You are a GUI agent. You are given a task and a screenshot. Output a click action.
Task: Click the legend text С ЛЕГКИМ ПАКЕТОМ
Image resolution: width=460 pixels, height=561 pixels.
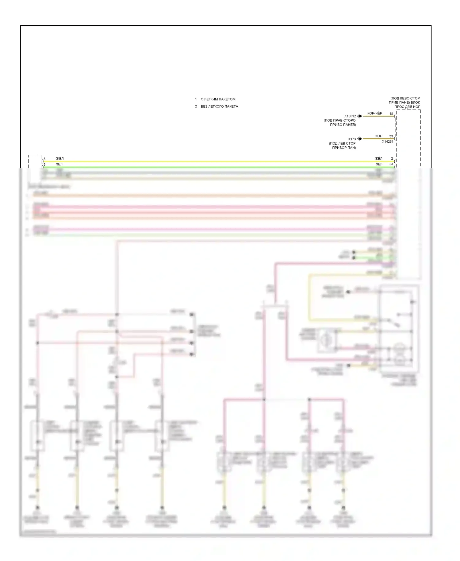click(218, 99)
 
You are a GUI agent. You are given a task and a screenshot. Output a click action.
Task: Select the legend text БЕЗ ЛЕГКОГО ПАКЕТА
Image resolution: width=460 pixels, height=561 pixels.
click(219, 106)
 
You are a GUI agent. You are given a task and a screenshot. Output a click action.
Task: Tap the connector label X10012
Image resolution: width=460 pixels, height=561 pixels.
click(350, 116)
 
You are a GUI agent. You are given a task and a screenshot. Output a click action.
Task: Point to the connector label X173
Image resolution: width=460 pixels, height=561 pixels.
click(352, 139)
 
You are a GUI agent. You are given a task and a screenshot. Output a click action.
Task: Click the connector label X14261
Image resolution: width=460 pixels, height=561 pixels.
click(387, 142)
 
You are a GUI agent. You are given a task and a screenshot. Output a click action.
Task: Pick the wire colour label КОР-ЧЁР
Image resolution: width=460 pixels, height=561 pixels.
click(375, 114)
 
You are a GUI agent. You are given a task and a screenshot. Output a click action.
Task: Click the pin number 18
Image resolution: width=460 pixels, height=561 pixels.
click(391, 114)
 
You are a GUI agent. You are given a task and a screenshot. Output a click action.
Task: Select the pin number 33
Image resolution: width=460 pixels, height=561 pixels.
click(391, 136)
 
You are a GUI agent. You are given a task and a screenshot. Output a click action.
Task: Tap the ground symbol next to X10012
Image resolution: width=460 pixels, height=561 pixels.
click(359, 116)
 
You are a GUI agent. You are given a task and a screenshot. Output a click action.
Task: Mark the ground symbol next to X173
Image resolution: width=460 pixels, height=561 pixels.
click(359, 139)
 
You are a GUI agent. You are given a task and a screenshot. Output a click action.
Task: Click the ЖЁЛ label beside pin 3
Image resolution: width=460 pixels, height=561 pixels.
click(60, 159)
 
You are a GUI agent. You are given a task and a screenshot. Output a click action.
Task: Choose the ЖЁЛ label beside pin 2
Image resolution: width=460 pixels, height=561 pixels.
click(378, 159)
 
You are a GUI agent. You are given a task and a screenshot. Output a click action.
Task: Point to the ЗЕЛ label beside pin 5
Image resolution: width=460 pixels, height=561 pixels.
click(59, 164)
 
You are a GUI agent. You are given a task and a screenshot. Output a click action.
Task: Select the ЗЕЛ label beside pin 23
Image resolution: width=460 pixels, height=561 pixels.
click(379, 164)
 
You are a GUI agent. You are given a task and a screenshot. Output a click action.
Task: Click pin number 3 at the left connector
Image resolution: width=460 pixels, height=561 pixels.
click(44, 159)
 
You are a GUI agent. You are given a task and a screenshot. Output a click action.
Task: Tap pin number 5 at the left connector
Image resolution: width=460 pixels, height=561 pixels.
click(44, 165)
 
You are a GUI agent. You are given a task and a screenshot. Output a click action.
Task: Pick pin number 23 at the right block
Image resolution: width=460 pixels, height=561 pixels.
click(391, 164)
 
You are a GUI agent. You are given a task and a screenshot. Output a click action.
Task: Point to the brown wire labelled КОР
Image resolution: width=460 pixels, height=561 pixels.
click(377, 139)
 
